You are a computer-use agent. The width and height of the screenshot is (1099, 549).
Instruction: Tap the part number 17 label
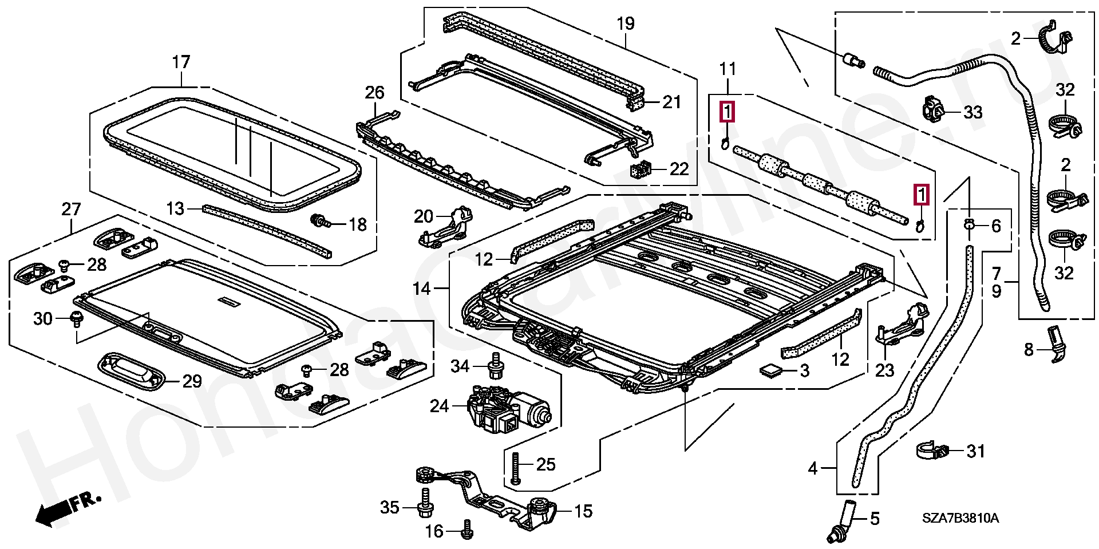[181, 61]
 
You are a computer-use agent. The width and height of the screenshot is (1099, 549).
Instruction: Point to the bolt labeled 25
[515, 468]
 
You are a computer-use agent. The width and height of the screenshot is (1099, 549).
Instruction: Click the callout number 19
[626, 24]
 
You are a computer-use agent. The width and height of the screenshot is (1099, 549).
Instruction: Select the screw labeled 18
[318, 220]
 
